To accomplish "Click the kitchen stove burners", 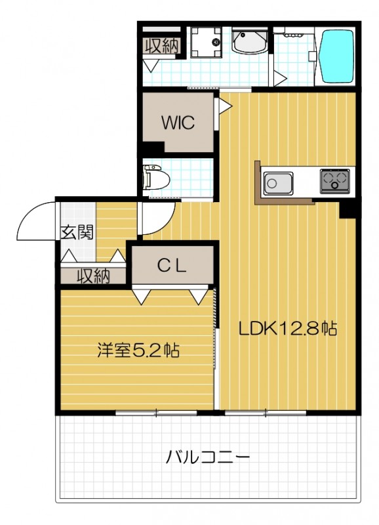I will [334, 179].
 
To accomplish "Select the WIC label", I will [178, 123].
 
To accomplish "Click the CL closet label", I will [174, 265].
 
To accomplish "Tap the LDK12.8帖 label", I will [287, 329].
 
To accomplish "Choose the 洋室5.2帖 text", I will [138, 350].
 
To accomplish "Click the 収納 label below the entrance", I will [94, 276].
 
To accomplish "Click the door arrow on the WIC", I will [224, 104].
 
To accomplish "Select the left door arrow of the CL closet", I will [141, 297].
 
